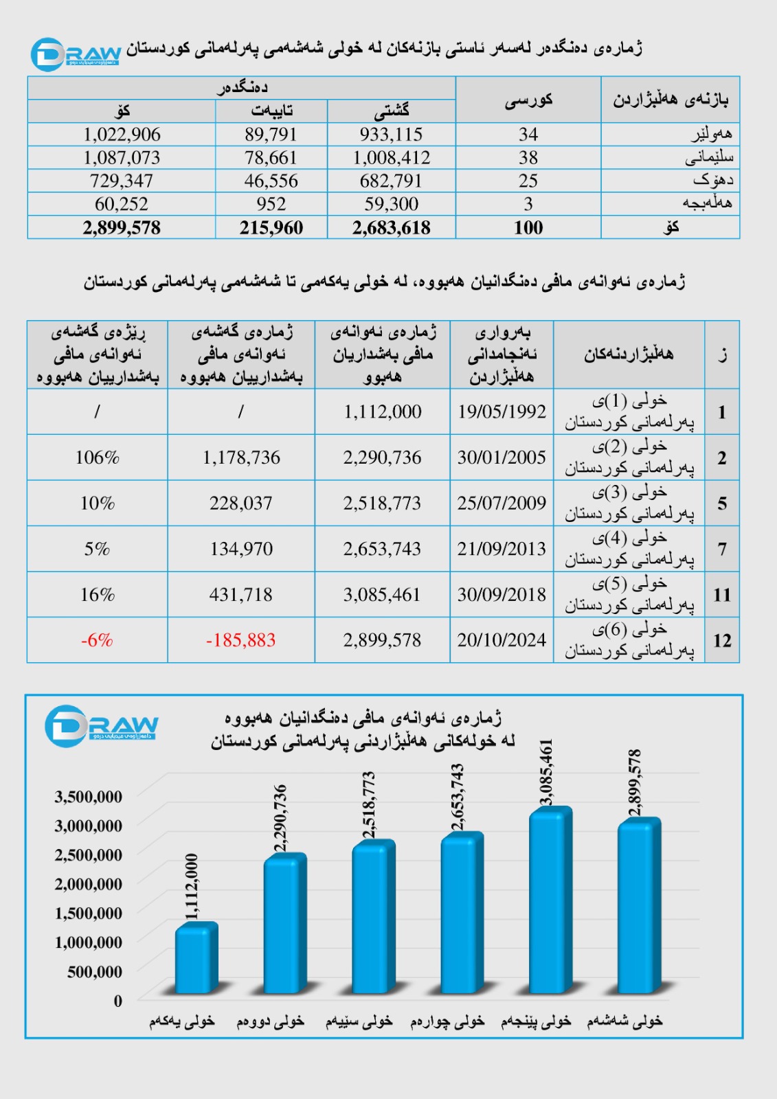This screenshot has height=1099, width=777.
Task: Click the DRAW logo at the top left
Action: point(76,54)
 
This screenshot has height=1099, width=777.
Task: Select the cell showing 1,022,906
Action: point(122,135)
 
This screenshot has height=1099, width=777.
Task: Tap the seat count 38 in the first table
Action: point(528,158)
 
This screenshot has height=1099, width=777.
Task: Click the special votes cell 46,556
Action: point(271,181)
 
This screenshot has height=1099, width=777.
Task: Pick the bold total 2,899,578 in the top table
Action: point(122,228)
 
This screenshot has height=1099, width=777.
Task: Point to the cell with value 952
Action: point(271,204)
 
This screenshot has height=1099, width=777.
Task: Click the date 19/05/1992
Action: point(502,411)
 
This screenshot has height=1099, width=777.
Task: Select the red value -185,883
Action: point(240,640)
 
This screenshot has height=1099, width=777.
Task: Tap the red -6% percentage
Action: point(97,640)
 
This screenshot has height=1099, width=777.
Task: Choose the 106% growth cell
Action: point(97,457)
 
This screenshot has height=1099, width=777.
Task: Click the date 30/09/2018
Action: point(502,595)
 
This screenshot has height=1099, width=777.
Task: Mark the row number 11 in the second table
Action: point(721,595)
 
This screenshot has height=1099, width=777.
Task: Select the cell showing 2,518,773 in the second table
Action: point(382,503)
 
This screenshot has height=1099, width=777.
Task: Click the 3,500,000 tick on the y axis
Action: point(89,797)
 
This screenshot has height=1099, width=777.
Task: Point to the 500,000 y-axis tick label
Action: point(95,972)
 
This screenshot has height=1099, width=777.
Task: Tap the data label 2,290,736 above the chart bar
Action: point(280,818)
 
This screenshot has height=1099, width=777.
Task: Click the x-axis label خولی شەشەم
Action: point(624,1021)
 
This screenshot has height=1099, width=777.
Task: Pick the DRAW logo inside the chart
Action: point(101,725)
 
